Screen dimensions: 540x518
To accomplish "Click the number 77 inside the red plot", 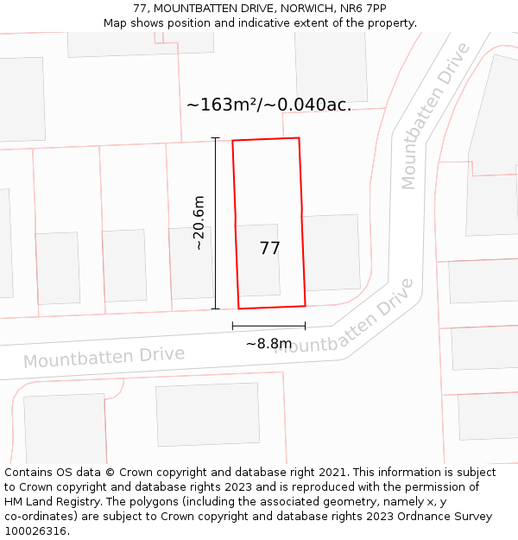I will pos(269,249).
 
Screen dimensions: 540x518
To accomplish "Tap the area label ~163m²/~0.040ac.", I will pos(268,105).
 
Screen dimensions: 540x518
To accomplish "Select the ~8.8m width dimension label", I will pos(268,344).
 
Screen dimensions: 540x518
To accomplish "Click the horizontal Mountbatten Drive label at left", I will pos(104,356).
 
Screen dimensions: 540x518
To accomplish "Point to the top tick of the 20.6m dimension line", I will pos(215,138).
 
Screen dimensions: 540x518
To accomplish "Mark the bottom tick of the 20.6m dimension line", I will pos(215,308).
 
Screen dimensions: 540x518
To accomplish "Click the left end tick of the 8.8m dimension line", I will pos(233,326).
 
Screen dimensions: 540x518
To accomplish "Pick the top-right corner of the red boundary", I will pos(299,138).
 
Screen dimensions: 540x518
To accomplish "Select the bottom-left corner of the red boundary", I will pos(239,308).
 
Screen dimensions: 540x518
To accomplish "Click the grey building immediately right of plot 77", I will pos(332,252).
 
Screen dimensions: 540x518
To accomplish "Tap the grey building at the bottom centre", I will pos(207,414).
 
